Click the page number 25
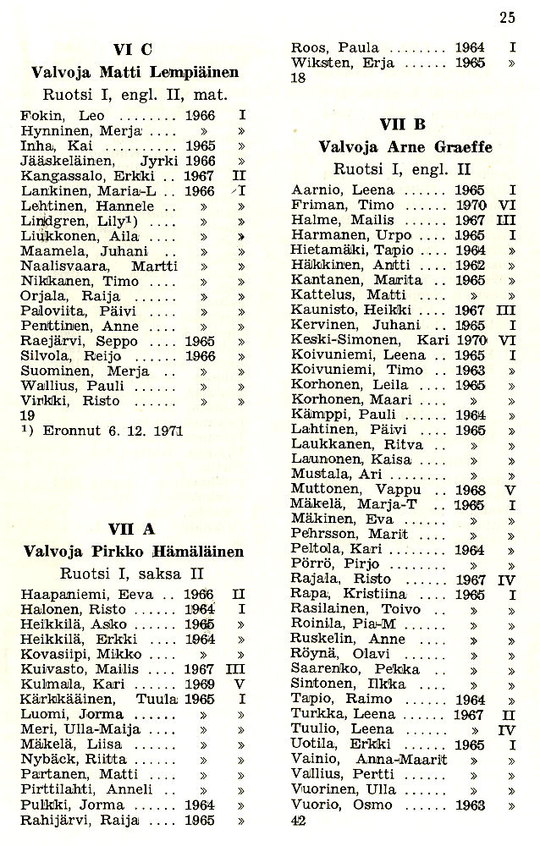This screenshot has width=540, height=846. click(507, 16)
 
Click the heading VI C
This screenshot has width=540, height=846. click(132, 50)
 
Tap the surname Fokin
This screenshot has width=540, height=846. click(38, 115)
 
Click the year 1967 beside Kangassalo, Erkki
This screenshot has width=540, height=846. click(199, 175)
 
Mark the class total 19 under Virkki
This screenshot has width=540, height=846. click(27, 416)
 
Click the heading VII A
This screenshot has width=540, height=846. click(132, 530)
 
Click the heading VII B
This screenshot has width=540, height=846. click(402, 124)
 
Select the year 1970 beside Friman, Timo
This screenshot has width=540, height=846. click(469, 206)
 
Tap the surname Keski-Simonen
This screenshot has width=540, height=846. click(343, 340)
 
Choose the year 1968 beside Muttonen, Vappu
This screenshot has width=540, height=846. click(469, 490)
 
